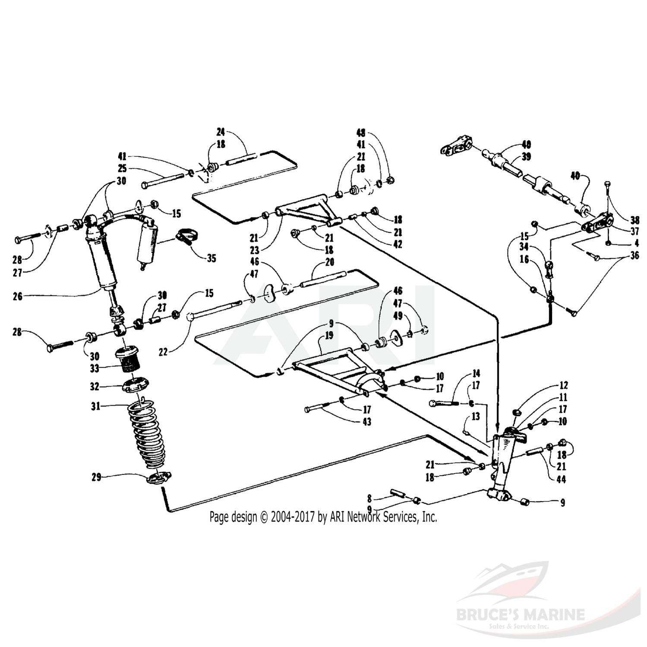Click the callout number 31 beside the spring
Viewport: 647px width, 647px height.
click(95, 406)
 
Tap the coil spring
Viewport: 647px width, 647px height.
click(148, 436)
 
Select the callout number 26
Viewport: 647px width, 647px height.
click(17, 296)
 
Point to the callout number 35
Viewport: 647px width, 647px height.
click(211, 258)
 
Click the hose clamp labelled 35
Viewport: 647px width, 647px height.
click(186, 236)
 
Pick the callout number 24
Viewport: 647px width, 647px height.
click(221, 132)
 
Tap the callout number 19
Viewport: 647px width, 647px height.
click(329, 335)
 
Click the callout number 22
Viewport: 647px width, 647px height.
click(163, 352)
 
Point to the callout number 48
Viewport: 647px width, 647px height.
click(361, 133)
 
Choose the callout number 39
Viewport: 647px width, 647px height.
click(526, 157)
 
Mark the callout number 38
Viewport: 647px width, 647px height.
click(634, 219)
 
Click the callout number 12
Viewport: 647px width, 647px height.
click(563, 385)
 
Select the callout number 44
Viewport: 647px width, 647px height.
click(561, 479)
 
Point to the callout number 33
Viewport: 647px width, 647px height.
click(95, 368)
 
